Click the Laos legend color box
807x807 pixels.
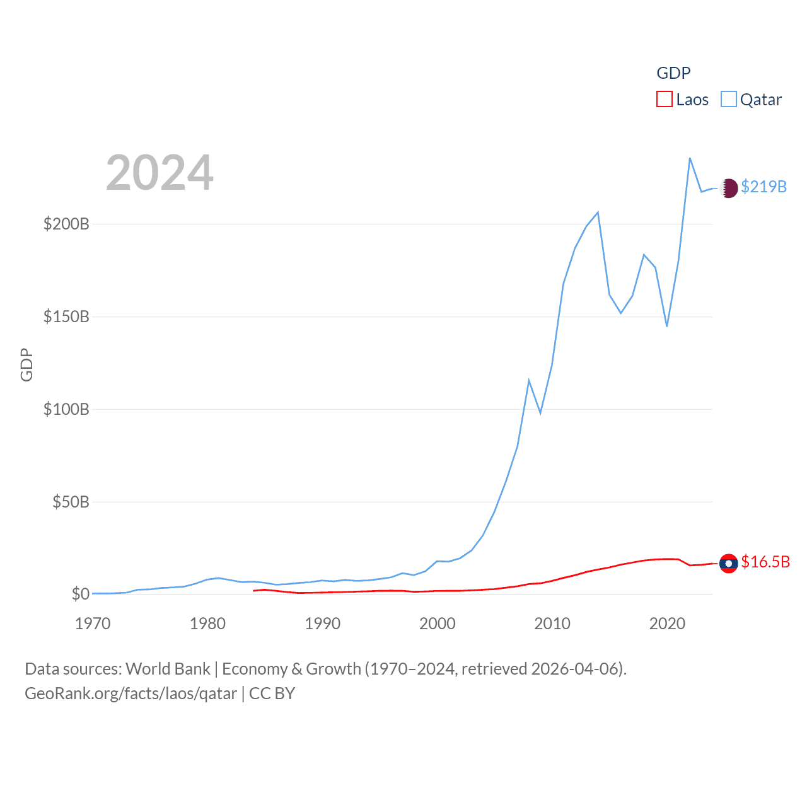(665, 99)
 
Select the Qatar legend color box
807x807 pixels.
(729, 99)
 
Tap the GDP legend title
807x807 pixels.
(673, 73)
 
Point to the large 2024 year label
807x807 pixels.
(160, 173)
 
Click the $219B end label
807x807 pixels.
(763, 187)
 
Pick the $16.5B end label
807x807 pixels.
(765, 562)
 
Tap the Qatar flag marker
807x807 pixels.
(729, 188)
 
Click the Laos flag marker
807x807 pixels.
(729, 563)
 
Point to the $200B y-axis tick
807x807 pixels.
(66, 224)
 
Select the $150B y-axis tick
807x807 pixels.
(66, 316)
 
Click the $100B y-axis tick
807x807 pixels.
(66, 409)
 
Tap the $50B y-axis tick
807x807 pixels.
(71, 502)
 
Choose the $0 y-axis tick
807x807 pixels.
(80, 594)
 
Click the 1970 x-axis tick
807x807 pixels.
(93, 624)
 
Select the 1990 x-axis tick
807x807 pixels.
(322, 624)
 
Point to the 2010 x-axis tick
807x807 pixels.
(552, 624)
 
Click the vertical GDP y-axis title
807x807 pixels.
(26, 364)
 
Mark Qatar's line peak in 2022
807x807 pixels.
(690, 158)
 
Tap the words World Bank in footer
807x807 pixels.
(168, 668)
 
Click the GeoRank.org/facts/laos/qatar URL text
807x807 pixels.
(131, 694)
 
